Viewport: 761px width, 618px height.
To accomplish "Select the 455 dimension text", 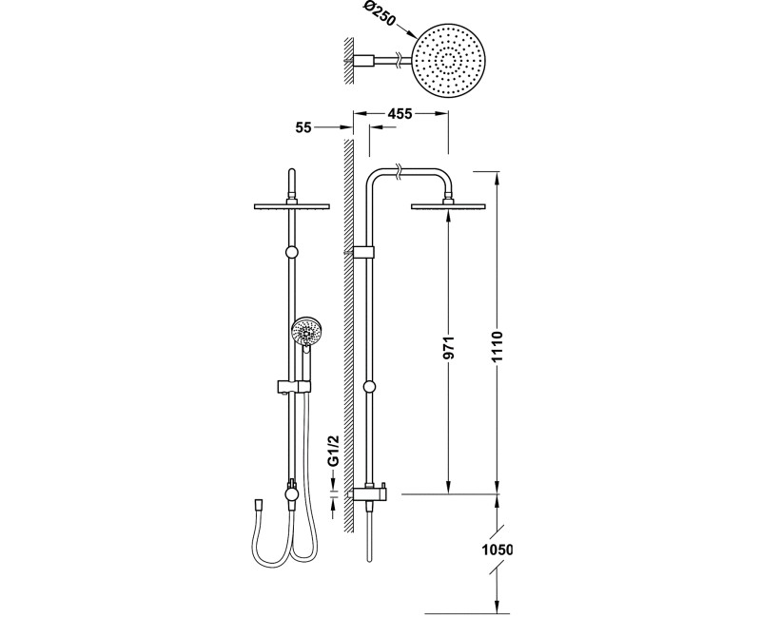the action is (x=400, y=114).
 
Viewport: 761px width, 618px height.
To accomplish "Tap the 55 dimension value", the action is (x=303, y=128).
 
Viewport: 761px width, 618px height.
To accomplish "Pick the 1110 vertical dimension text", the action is (x=497, y=346).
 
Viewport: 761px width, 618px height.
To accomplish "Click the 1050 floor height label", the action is (x=497, y=550).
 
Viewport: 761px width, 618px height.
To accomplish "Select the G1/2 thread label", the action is (x=333, y=451).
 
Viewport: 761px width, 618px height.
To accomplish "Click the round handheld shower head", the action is (x=305, y=332).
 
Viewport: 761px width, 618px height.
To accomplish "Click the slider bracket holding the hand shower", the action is (x=293, y=387).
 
